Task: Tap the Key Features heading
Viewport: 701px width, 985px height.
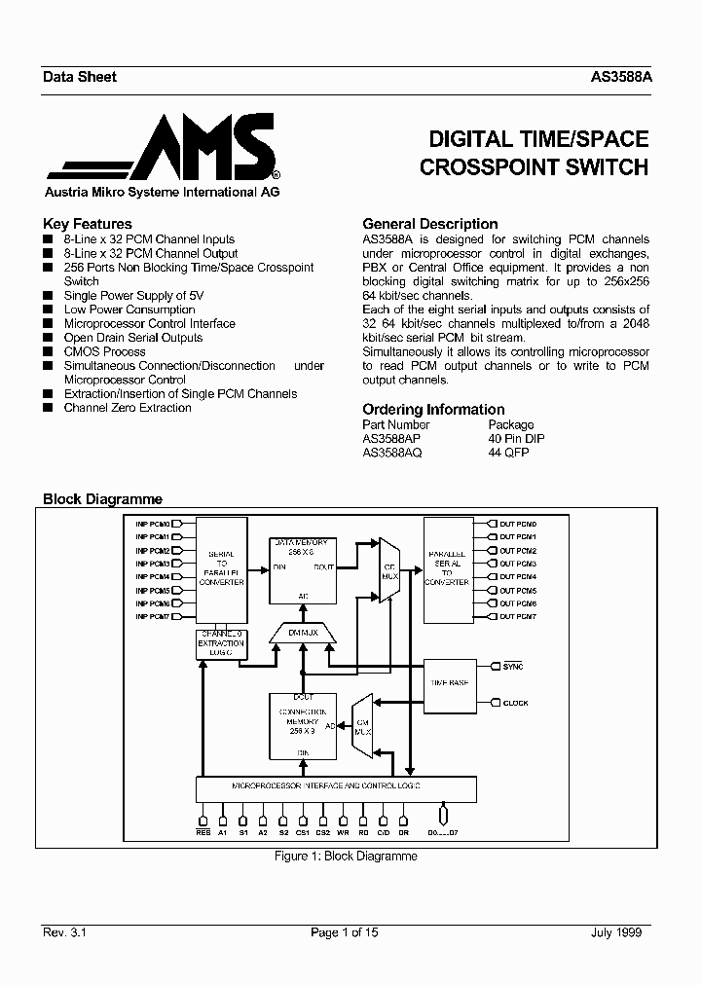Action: pyautogui.click(x=88, y=224)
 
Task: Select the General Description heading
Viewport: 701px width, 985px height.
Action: pyautogui.click(x=429, y=224)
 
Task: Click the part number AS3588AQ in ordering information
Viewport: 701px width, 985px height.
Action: pyautogui.click(x=392, y=453)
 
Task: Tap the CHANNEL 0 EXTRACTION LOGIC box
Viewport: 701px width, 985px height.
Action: pyautogui.click(x=221, y=643)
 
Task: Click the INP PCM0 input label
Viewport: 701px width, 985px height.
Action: pyautogui.click(x=153, y=524)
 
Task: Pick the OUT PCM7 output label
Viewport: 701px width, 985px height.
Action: pyautogui.click(x=518, y=616)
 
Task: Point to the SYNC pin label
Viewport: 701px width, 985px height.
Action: pyautogui.click(x=513, y=667)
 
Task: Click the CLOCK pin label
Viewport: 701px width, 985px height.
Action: pyautogui.click(x=516, y=702)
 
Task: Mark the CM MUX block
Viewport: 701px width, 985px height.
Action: pyautogui.click(x=360, y=725)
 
